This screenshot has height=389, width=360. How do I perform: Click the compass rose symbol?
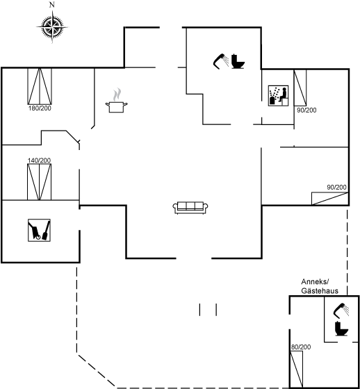52,26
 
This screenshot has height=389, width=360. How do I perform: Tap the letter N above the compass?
52,5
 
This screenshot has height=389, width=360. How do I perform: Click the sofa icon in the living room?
190,208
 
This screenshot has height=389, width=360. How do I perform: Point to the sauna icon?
278,96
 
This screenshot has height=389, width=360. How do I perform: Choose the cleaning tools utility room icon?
39,230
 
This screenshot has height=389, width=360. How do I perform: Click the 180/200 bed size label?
40,108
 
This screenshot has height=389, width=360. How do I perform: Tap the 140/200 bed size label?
39,160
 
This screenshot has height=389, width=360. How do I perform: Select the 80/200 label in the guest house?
301,347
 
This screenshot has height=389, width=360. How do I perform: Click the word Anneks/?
315,282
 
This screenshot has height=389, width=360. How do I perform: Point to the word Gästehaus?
320,290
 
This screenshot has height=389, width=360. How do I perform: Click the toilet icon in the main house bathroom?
238,61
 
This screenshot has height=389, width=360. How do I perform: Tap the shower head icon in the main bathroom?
221,61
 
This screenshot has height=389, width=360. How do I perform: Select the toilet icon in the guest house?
342,329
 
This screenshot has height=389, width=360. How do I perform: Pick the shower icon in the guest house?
341,311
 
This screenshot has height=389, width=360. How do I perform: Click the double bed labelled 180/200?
40,86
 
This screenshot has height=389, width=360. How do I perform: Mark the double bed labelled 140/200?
39,182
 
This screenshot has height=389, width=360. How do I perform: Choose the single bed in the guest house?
297,369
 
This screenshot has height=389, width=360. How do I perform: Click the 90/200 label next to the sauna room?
306,110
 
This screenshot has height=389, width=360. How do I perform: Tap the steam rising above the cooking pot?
117,94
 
